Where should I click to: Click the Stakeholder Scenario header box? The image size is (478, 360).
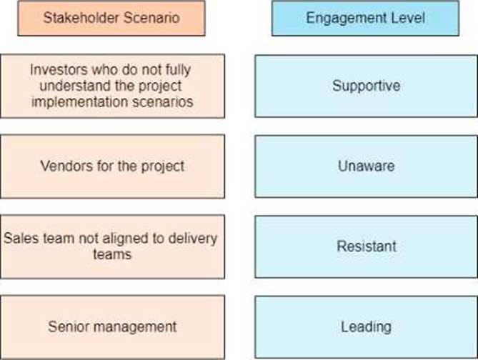point(111,18)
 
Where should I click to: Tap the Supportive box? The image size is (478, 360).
point(366,86)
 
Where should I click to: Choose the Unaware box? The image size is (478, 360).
point(366,166)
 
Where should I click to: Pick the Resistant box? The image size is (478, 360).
point(366,246)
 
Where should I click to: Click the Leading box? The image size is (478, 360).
point(366,327)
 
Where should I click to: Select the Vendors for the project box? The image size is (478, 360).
point(111,166)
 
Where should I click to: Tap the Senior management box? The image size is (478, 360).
point(111,327)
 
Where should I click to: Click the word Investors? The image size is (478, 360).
point(56,69)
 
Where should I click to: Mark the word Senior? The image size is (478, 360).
point(66,327)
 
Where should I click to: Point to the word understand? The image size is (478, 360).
point(81,85)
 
